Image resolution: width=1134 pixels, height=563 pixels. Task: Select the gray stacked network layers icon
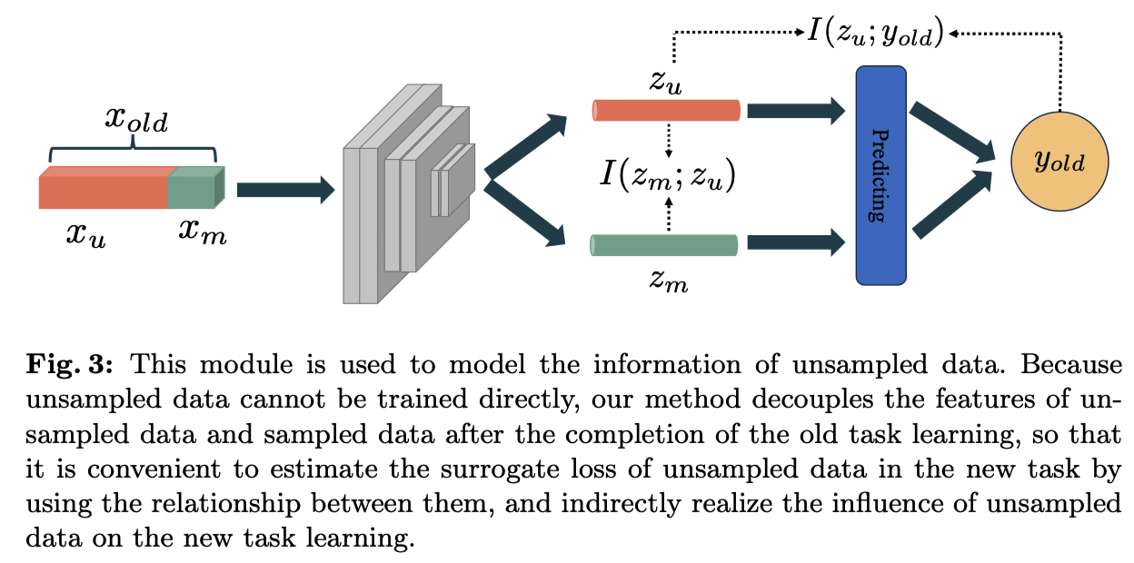[407, 194]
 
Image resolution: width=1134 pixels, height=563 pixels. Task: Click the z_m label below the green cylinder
[669, 280]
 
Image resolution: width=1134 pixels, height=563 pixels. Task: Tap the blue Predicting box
[880, 175]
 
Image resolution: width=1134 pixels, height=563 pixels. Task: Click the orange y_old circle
[1059, 163]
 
